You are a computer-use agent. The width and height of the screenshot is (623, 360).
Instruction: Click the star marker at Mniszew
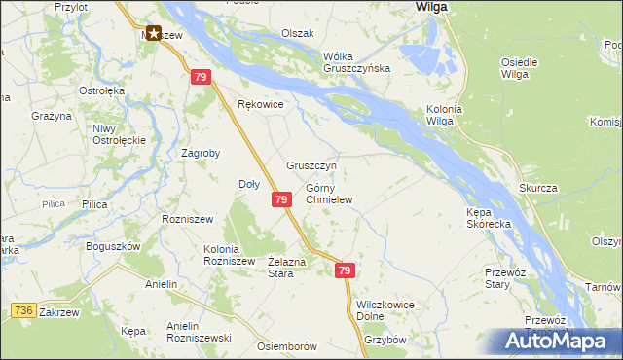point(153,33)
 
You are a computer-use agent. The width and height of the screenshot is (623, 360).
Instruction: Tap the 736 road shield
point(23,310)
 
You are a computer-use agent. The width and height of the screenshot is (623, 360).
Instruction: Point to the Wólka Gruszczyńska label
point(357,61)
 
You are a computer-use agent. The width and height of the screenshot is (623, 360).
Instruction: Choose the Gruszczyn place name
point(311,165)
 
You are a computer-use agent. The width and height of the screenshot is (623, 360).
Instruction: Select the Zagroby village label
point(202,153)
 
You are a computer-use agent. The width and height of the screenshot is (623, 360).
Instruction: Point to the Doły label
point(249,184)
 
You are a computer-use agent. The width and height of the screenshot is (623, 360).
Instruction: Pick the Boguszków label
point(113,246)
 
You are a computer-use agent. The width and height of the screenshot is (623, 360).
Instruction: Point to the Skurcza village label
point(537,186)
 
